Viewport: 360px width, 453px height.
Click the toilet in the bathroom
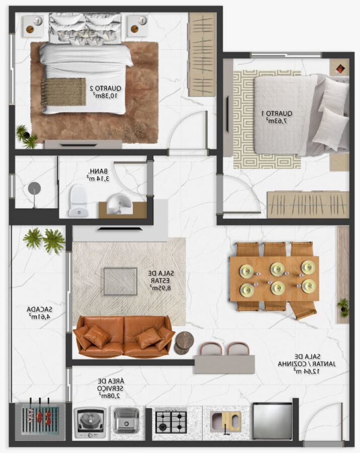pyautogui.click(x=78, y=201)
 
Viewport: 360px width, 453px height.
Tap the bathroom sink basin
pyautogui.click(x=120, y=204)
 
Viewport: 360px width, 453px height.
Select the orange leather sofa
pyautogui.click(x=124, y=336)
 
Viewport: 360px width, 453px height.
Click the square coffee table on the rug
pyautogui.click(x=120, y=281)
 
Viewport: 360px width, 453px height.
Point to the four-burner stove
pyautogui.click(x=171, y=420)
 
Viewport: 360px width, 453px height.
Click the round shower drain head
pyautogui.click(x=34, y=189)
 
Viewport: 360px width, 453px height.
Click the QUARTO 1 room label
pyautogui.click(x=277, y=117)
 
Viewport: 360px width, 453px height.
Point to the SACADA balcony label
pyautogui.click(x=40, y=313)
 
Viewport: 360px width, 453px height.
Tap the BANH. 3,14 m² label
pyautogui.click(x=98, y=175)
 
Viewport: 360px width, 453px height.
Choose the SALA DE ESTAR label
pyautogui.click(x=161, y=280)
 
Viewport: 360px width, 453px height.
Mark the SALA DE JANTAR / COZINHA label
pyautogui.click(x=307, y=364)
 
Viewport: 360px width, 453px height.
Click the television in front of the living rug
pyautogui.click(x=120, y=229)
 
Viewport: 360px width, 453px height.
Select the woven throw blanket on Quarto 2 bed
pyautogui.click(x=63, y=92)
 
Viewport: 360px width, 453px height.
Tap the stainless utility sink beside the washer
pyautogui.click(x=126, y=420)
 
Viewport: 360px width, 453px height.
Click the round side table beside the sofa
pyautogui.click(x=184, y=342)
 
